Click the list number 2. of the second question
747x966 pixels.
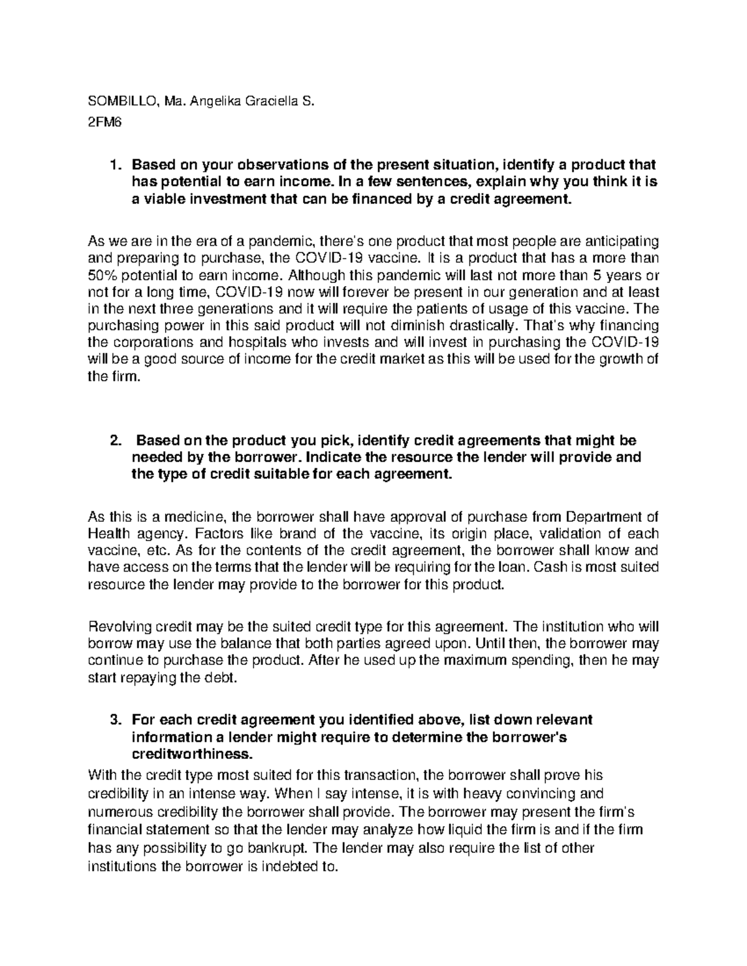[114, 441]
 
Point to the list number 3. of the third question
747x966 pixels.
[114, 720]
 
